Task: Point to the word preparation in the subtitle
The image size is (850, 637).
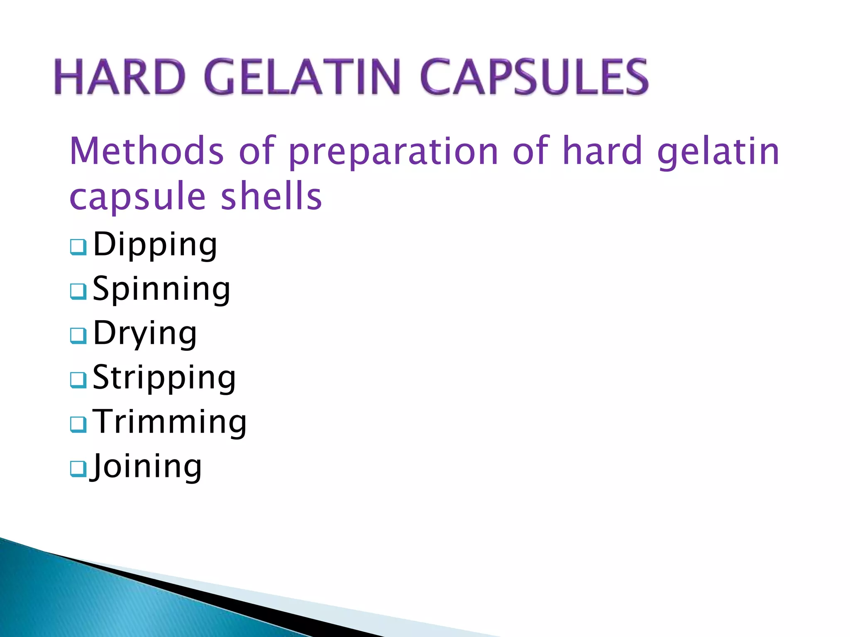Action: point(393,152)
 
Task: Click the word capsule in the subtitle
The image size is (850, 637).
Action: point(137,198)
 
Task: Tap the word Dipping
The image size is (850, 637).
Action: point(155,245)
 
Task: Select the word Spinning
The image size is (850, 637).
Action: point(161,289)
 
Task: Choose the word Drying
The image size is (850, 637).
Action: point(145,333)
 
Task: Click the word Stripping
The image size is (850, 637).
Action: point(164,378)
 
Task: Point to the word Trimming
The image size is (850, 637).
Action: point(169,422)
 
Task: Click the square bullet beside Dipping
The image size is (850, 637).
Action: point(78,247)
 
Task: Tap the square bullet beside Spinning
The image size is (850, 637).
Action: point(78,291)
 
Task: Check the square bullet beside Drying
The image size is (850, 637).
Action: point(78,336)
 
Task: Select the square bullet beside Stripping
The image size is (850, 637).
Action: point(78,380)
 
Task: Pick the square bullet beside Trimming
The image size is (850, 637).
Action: point(78,424)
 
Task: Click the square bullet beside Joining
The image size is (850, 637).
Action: point(78,469)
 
